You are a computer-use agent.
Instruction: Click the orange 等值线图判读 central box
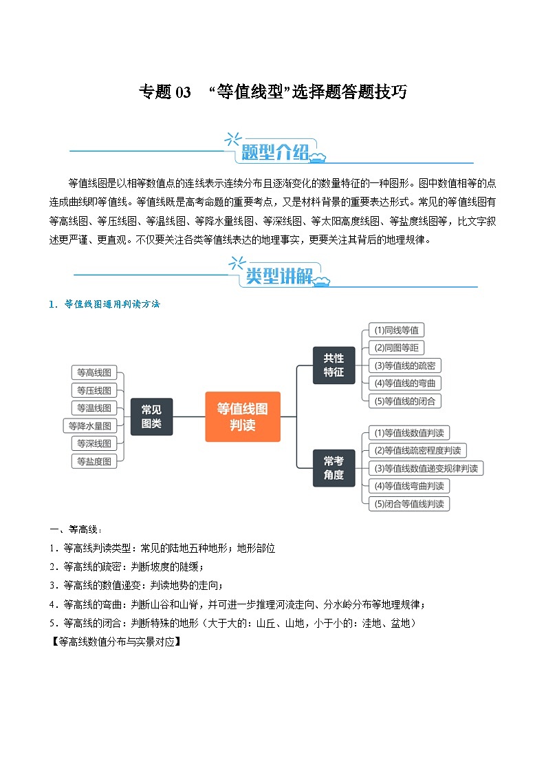click(243, 416)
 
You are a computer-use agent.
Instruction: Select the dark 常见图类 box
click(151, 416)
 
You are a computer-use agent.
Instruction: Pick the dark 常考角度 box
click(334, 468)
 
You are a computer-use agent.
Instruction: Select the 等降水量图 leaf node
click(89, 426)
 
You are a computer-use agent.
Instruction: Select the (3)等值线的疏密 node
click(404, 366)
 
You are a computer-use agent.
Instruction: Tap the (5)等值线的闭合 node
click(404, 401)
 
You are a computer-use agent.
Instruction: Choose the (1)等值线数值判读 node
click(408, 433)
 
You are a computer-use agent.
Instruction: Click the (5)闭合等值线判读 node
click(408, 504)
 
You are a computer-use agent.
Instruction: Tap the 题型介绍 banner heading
click(275, 153)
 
